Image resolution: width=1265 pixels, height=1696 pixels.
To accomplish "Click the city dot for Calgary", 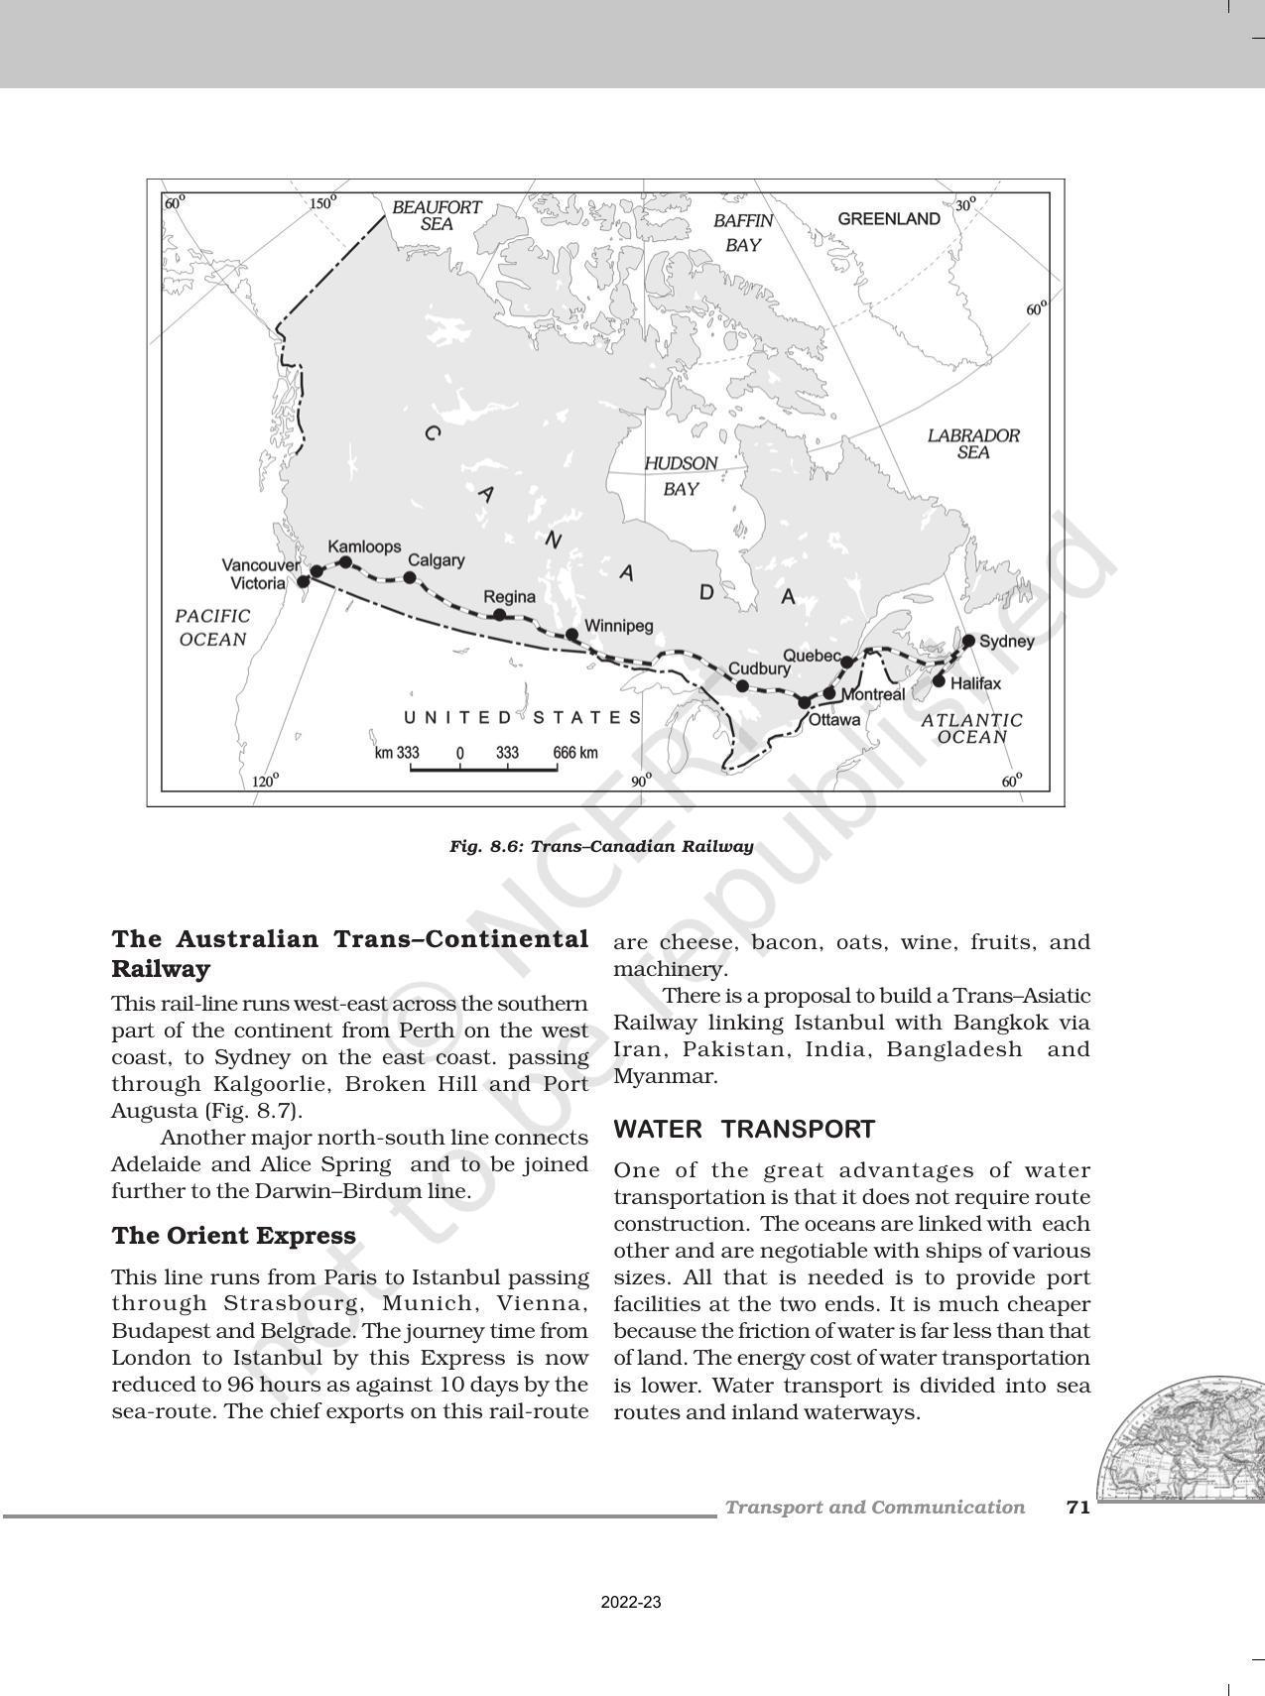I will pyautogui.click(x=409, y=577).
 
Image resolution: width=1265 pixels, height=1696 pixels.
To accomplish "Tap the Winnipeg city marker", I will pyautogui.click(x=571, y=635).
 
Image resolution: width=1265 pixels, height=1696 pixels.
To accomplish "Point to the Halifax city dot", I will pyautogui.click(x=939, y=680).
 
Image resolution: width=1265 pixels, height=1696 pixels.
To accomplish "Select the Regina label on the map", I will pyautogui.click(x=509, y=597).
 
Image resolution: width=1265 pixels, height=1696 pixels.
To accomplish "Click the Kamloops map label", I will pyautogui.click(x=364, y=546).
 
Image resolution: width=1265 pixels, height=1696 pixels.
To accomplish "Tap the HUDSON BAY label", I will pyautogui.click(x=681, y=476).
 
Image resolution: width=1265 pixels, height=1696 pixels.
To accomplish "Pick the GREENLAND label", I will pyautogui.click(x=889, y=219).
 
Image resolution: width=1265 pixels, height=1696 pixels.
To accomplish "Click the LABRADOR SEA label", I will pyautogui.click(x=973, y=443).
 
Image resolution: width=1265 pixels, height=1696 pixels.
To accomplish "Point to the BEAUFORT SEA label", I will pyautogui.click(x=437, y=215).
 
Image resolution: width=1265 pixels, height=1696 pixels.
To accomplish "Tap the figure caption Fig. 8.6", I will pyautogui.click(x=601, y=846).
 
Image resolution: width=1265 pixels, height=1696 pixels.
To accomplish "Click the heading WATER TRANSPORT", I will pyautogui.click(x=744, y=1130).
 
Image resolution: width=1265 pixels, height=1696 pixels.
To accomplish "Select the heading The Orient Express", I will pyautogui.click(x=233, y=1236).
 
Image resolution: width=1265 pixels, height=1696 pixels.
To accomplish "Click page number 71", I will pyautogui.click(x=1078, y=1508).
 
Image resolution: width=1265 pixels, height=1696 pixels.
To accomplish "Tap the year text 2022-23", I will pyautogui.click(x=631, y=1603).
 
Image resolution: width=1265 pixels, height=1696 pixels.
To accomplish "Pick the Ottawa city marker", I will pyautogui.click(x=805, y=702).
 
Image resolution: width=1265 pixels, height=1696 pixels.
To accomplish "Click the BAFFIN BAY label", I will pyautogui.click(x=742, y=233).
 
